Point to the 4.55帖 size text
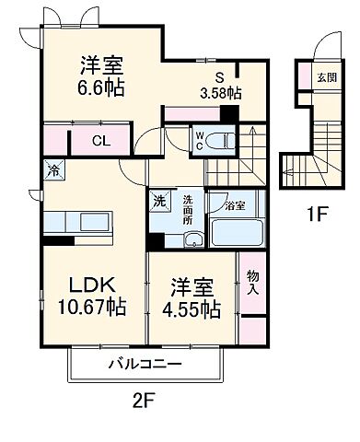pyautogui.click(x=191, y=308)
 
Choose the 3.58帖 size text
pyautogui.click(x=222, y=93)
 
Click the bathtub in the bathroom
pyautogui.click(x=236, y=231)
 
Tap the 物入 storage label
pyautogui.click(x=251, y=283)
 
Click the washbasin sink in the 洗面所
pyautogui.click(x=193, y=238)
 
